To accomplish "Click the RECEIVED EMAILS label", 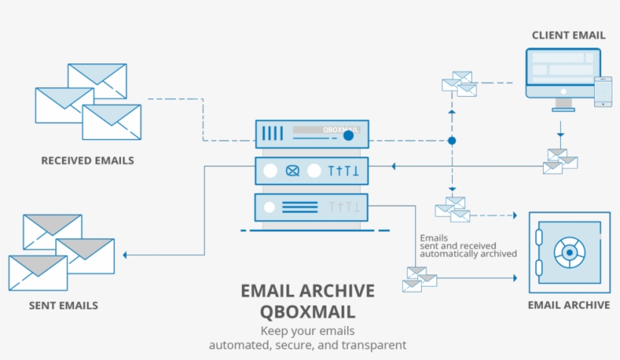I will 87,160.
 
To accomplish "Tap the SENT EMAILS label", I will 64,306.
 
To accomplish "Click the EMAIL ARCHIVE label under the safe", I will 569,305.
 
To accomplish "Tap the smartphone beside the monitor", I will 603,92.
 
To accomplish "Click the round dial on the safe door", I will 568,250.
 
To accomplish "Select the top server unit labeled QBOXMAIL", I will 312,135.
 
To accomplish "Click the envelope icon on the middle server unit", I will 292,171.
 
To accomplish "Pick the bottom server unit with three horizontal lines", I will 312,206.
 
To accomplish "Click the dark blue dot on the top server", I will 348,136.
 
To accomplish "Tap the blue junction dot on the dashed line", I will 451,141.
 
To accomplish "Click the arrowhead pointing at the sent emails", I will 126,255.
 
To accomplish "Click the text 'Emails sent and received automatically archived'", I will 467,246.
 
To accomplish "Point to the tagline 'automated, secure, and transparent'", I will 307,345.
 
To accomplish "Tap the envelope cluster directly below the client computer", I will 560,161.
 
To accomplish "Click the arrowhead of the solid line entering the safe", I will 513,278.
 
